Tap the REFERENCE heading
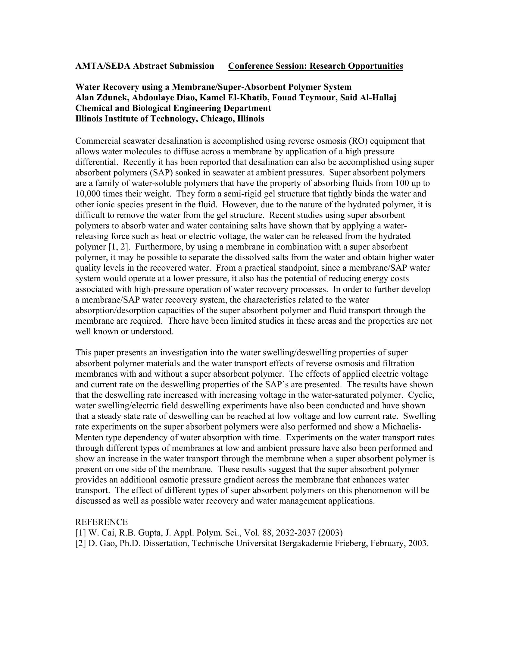(101, 522)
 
